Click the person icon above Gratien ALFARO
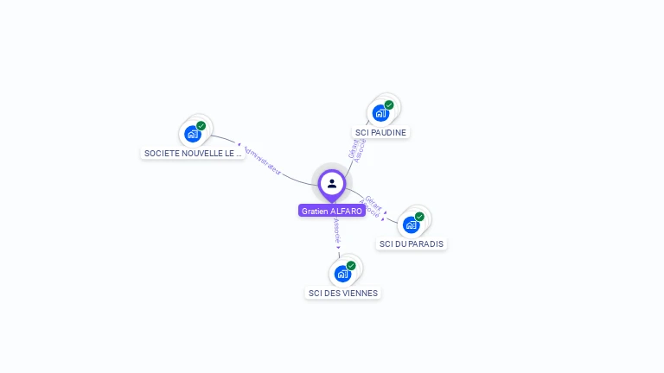point(332,183)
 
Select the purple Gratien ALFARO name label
point(332,211)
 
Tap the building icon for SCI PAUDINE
point(380,113)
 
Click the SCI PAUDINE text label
point(381,133)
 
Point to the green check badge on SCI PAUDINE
point(389,105)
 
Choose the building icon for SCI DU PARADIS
point(411,224)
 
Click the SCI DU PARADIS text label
point(412,244)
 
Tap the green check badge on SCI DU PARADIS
point(419,217)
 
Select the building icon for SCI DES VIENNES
point(342,274)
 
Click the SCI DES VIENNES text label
point(343,294)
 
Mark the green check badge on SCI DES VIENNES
point(351,266)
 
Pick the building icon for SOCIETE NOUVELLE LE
point(193,134)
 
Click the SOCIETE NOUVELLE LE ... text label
point(193,154)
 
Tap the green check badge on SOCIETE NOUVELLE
point(201,126)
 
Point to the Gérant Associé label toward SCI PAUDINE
point(357,149)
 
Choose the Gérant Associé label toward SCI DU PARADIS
point(372,205)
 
